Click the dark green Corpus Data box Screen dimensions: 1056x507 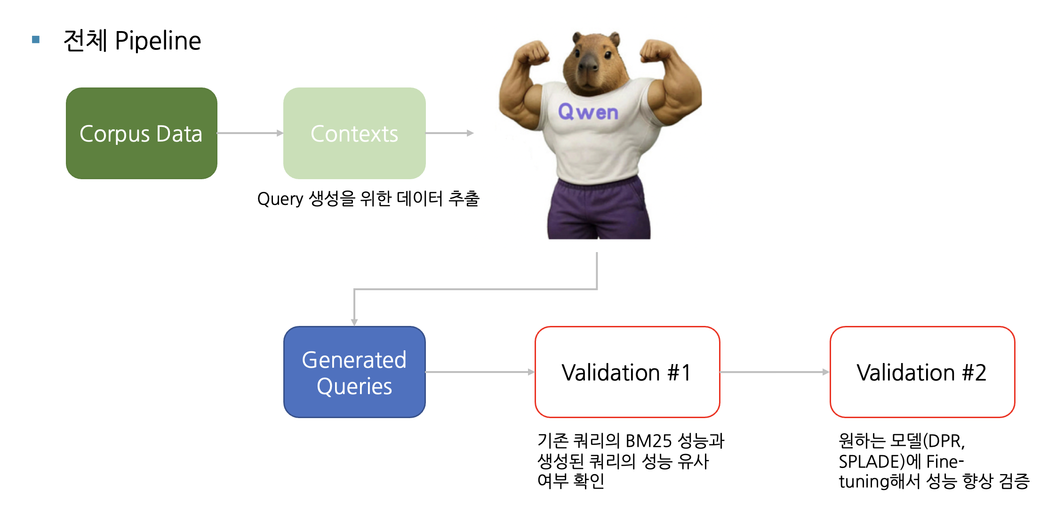click(x=141, y=133)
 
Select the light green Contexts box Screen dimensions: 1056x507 click(x=354, y=133)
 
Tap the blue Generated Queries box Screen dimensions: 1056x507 click(x=354, y=372)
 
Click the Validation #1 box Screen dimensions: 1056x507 click(x=627, y=372)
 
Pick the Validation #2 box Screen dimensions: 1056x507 click(x=922, y=372)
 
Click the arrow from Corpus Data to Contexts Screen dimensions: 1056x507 click(x=250, y=133)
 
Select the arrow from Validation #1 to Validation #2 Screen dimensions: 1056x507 click(x=775, y=372)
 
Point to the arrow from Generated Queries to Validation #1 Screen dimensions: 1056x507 click(x=480, y=372)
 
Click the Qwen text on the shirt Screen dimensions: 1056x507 click(x=588, y=112)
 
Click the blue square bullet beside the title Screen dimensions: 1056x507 click(x=36, y=40)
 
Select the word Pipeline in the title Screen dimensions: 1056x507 click(x=158, y=40)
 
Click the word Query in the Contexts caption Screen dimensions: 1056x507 click(x=280, y=199)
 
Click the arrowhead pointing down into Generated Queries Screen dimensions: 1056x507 click(x=354, y=323)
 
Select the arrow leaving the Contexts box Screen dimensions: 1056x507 click(x=449, y=133)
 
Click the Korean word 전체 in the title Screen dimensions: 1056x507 click(x=85, y=40)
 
